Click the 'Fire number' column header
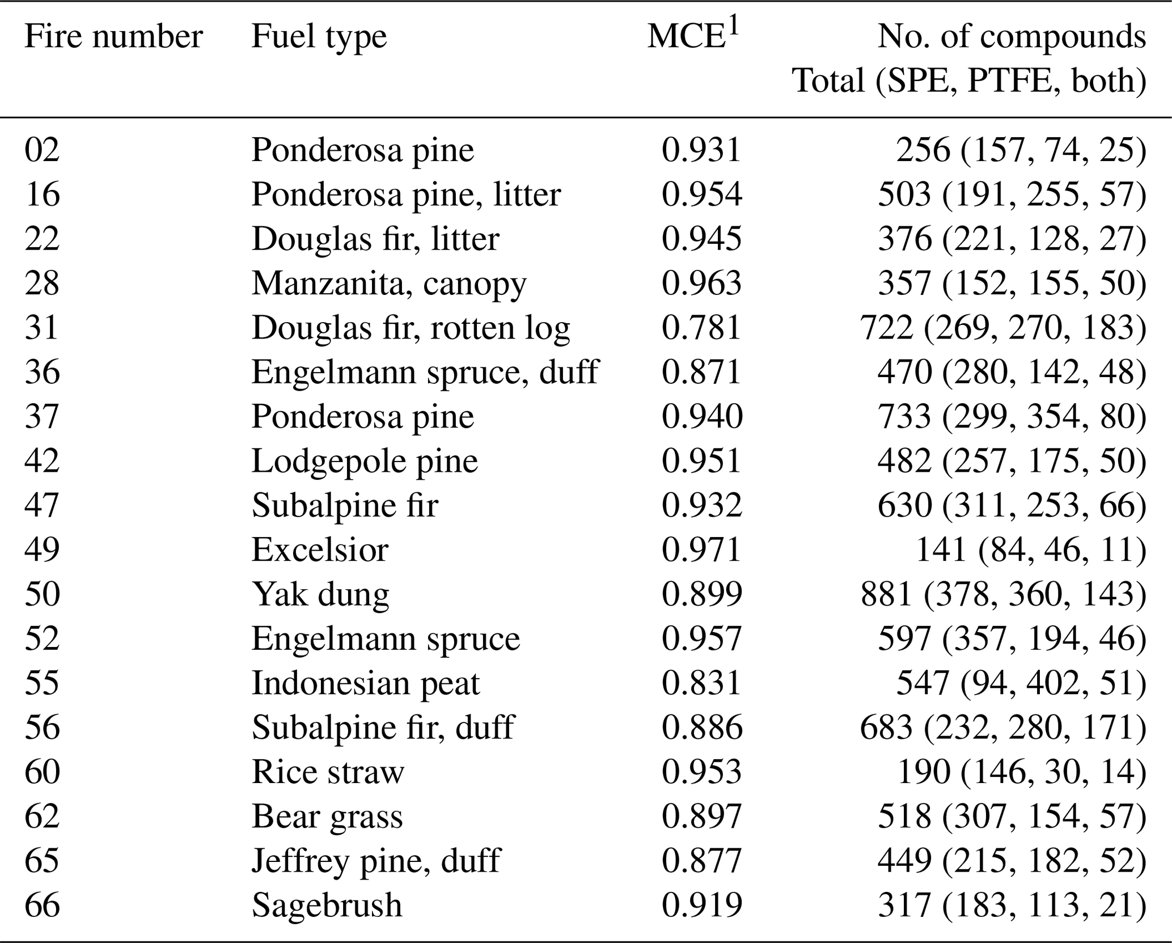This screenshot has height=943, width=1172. [x=113, y=37]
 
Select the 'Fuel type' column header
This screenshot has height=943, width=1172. [x=319, y=37]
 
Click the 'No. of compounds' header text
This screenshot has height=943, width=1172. [x=1012, y=37]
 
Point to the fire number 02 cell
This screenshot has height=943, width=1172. [x=42, y=150]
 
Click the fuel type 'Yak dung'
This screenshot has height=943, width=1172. [x=320, y=595]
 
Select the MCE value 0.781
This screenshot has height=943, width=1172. [x=701, y=328]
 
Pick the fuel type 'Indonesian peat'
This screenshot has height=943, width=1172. [x=366, y=683]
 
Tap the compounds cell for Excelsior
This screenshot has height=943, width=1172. [x=1031, y=550]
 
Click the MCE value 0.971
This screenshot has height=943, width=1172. [x=701, y=550]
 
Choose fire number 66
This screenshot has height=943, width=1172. [x=42, y=905]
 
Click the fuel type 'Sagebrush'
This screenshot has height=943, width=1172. [x=327, y=905]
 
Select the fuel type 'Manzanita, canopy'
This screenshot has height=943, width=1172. [x=389, y=284]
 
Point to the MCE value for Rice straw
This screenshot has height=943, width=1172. [x=701, y=772]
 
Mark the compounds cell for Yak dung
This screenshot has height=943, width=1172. [x=1003, y=595]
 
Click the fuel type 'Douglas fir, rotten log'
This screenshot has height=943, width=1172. [x=411, y=328]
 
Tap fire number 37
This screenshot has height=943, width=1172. [x=42, y=417]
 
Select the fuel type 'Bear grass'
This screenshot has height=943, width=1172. [x=327, y=817]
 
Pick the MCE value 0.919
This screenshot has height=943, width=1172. [x=701, y=905]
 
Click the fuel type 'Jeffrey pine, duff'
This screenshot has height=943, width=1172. [x=376, y=861]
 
